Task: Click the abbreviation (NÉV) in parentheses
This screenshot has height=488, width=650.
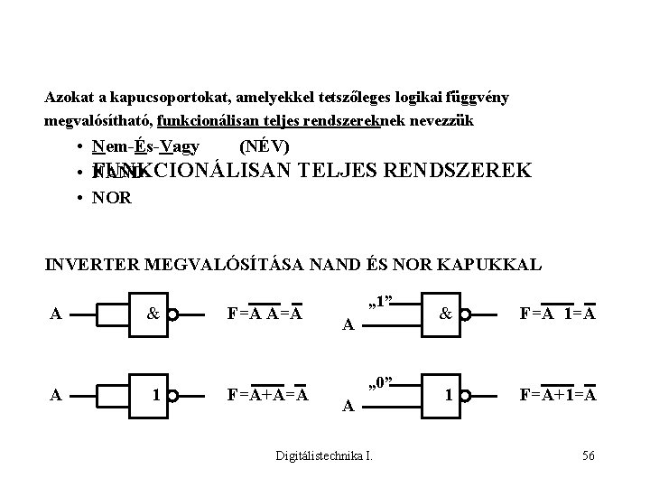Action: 265,146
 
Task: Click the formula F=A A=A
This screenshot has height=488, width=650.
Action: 264,314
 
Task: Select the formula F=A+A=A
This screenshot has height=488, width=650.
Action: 268,394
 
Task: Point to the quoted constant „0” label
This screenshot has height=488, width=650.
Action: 383,380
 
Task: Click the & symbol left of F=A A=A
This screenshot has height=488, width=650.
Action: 154,314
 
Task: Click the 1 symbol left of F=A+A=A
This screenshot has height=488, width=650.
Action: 156,394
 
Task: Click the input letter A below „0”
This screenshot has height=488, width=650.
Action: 347,408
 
